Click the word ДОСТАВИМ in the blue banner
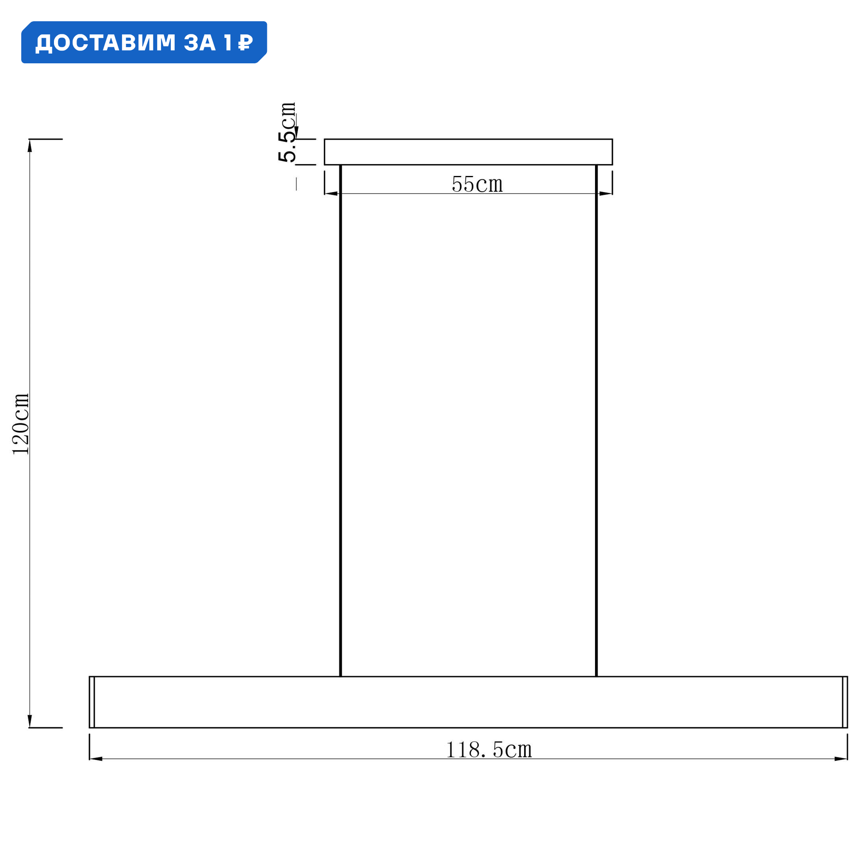click(x=105, y=42)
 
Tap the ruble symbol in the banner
click(x=246, y=42)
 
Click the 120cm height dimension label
click(x=21, y=424)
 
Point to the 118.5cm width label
click(x=489, y=749)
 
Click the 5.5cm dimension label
click(x=287, y=132)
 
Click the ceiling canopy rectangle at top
click(x=468, y=152)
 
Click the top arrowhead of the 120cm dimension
click(x=30, y=146)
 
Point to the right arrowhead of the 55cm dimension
click(x=605, y=193)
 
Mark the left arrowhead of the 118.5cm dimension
click(x=96, y=759)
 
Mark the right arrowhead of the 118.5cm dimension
click(x=840, y=759)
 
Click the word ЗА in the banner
click(x=199, y=42)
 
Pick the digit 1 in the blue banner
click(x=227, y=42)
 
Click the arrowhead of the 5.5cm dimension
click(x=297, y=133)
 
